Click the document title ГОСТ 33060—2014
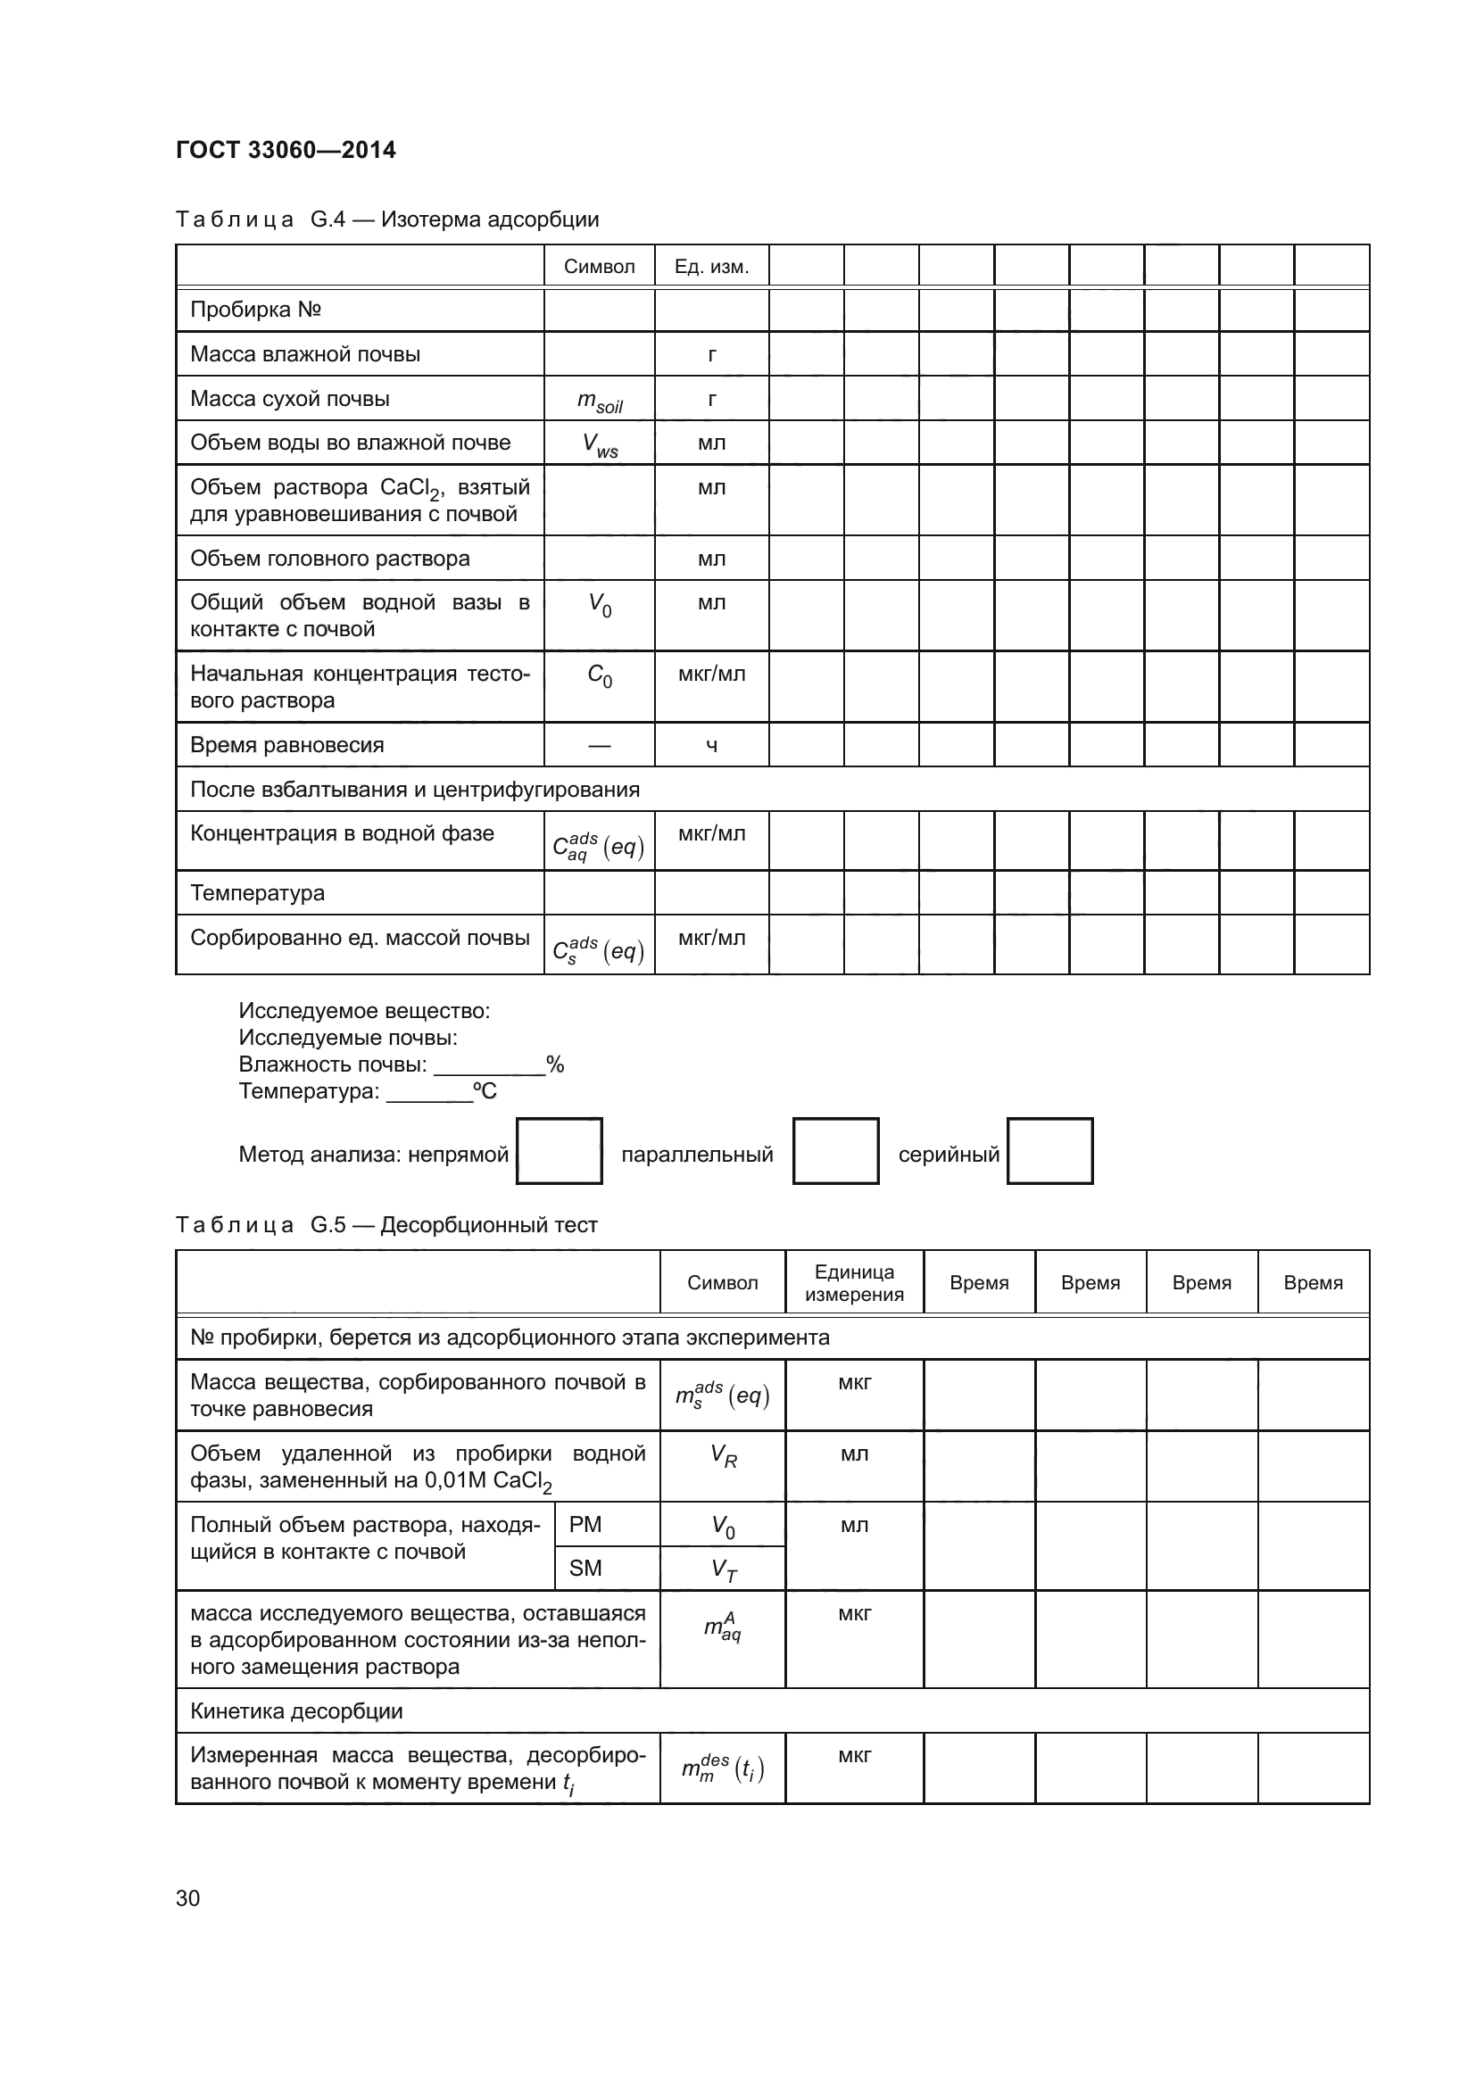pos(286,150)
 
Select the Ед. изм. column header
pos(710,266)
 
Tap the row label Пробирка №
pos(255,310)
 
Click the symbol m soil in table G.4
pos(599,401)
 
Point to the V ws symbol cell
pos(599,445)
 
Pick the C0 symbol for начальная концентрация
pos(599,675)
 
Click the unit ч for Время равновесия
pos(710,745)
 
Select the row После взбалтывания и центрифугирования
pos(414,789)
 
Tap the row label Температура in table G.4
pos(257,892)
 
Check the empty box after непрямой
pos(559,1151)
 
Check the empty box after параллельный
pos(835,1151)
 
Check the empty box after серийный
pos(1049,1151)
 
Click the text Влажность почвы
pos(332,1064)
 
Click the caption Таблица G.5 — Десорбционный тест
pos(386,1224)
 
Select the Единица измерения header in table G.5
pos(853,1282)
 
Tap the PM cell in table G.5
pos(585,1524)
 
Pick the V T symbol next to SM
pos(723,1569)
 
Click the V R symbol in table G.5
pos(723,1456)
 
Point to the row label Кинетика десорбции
pos(296,1710)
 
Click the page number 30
pos(188,1898)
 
